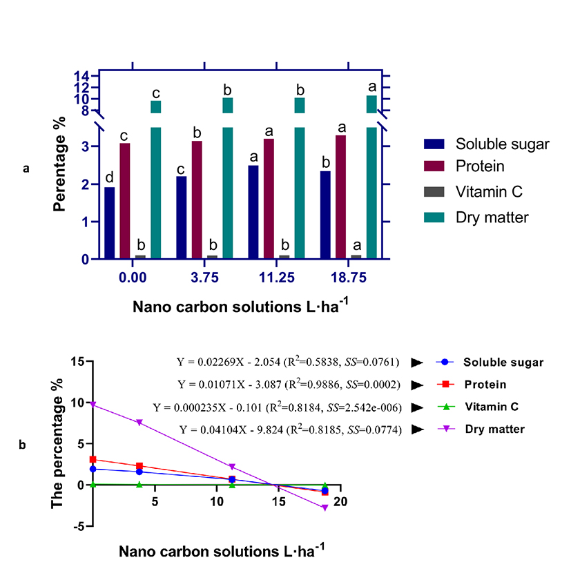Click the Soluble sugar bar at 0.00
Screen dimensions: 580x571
(x=110, y=223)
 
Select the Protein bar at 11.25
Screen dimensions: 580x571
(x=269, y=199)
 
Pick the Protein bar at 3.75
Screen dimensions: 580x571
(x=197, y=200)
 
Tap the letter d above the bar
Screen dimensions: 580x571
(x=110, y=179)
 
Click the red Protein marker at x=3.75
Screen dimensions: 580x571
(x=140, y=466)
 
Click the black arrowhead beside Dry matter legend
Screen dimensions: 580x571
(x=416, y=429)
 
